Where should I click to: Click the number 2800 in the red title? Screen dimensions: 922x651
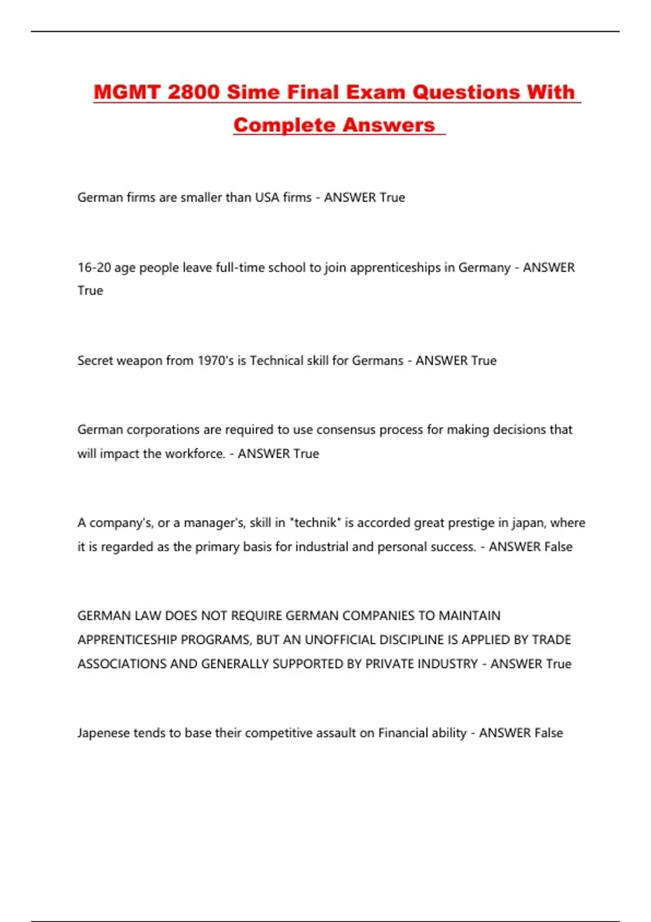coord(193,92)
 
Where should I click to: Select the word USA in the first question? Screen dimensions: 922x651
coord(267,197)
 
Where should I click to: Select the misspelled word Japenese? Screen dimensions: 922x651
coord(104,733)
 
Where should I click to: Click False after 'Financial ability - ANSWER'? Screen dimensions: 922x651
coord(548,733)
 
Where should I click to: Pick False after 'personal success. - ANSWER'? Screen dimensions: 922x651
coord(558,547)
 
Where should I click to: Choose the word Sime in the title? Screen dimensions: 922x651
coord(251,92)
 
